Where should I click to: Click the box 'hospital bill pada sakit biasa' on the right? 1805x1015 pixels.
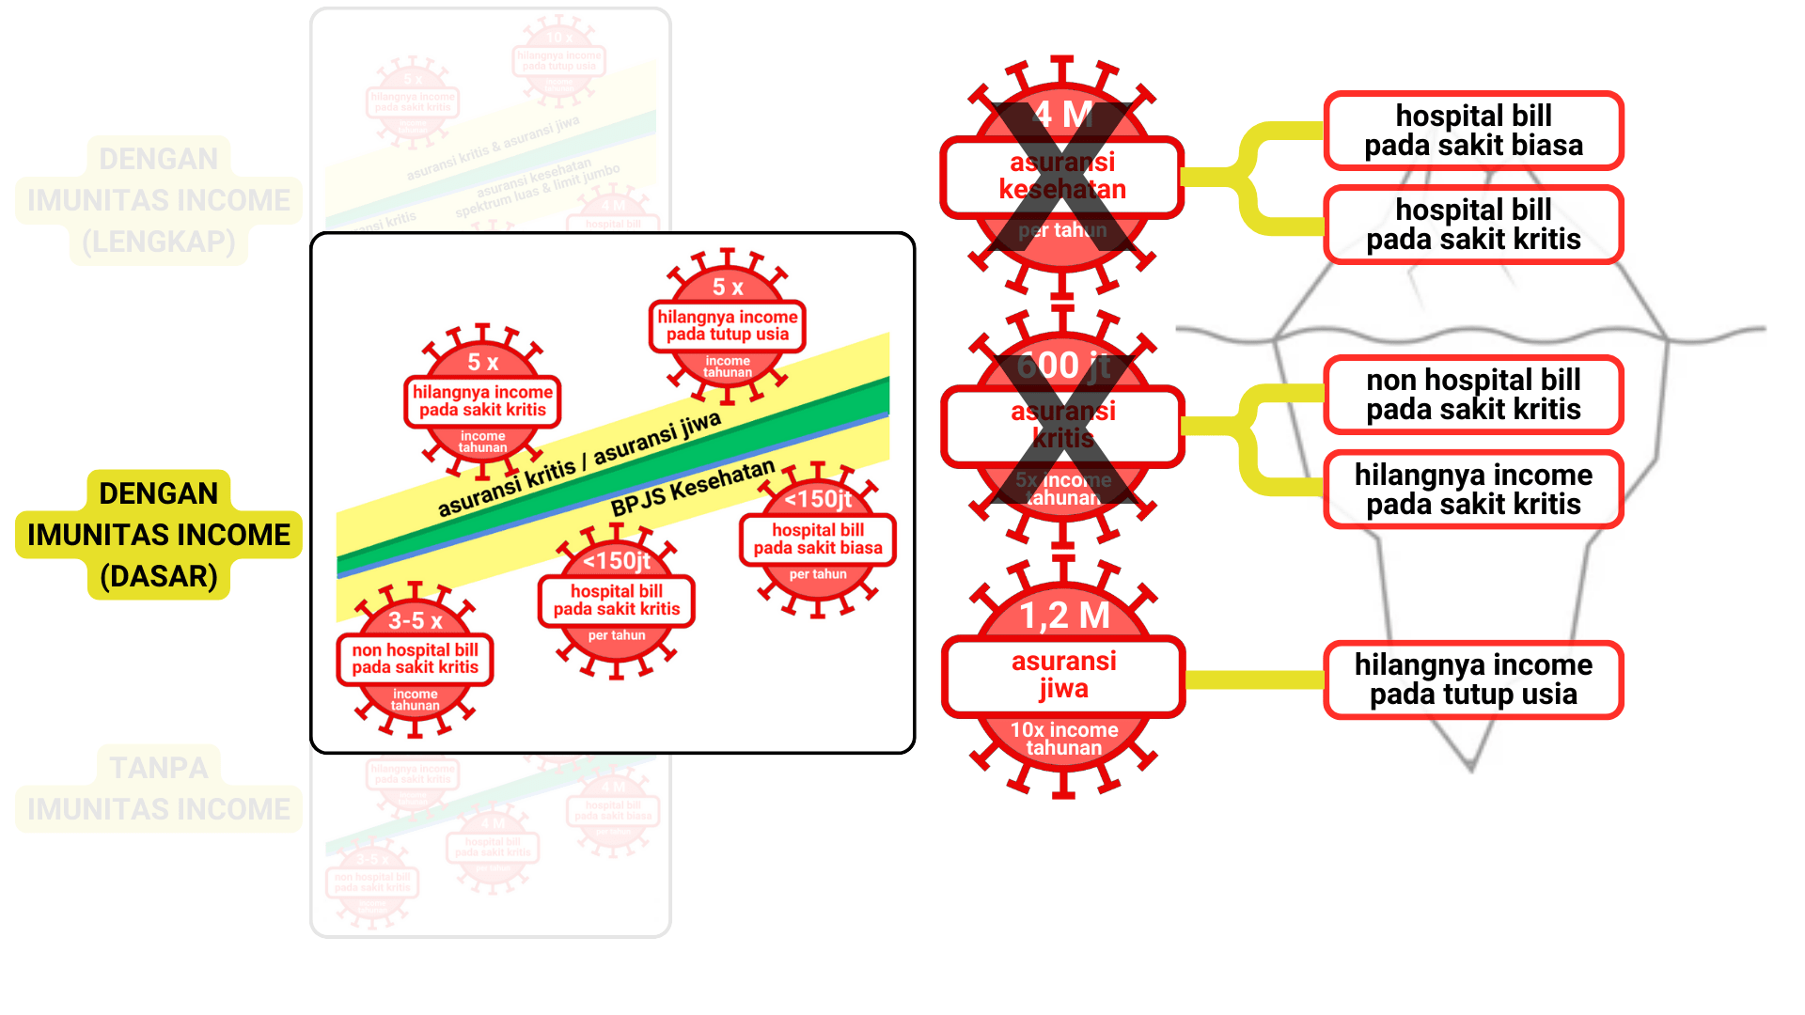tap(1473, 131)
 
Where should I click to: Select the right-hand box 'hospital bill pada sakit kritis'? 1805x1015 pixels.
tap(1473, 225)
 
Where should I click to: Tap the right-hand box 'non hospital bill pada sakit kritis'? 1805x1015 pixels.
tap(1473, 395)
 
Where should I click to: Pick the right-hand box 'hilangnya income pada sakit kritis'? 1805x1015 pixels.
tap(1473, 490)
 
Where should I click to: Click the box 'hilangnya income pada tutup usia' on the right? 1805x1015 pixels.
tap(1473, 679)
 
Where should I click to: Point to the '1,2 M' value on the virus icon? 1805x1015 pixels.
tap(1064, 616)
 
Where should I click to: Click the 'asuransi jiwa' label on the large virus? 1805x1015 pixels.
tap(1063, 675)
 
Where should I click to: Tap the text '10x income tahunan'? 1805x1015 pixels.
tap(1063, 739)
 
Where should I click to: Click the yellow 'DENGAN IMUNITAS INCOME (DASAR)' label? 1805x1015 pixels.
tap(159, 534)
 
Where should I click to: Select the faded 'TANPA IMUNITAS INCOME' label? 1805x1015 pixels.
tap(159, 789)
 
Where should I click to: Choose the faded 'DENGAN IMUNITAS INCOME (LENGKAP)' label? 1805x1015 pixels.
tap(159, 200)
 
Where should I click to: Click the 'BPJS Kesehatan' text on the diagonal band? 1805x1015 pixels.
tap(693, 488)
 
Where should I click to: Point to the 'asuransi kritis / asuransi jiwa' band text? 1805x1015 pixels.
tap(579, 463)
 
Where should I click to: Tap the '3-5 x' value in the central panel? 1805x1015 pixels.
tap(415, 620)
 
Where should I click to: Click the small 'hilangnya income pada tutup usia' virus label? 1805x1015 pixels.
tap(727, 325)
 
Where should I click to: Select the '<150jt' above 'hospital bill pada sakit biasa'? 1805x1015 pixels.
tap(818, 499)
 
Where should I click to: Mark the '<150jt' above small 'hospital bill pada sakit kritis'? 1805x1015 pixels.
tap(617, 561)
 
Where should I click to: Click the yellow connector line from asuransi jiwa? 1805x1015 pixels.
tap(1254, 679)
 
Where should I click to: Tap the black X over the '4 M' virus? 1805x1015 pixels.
tap(1062, 179)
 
